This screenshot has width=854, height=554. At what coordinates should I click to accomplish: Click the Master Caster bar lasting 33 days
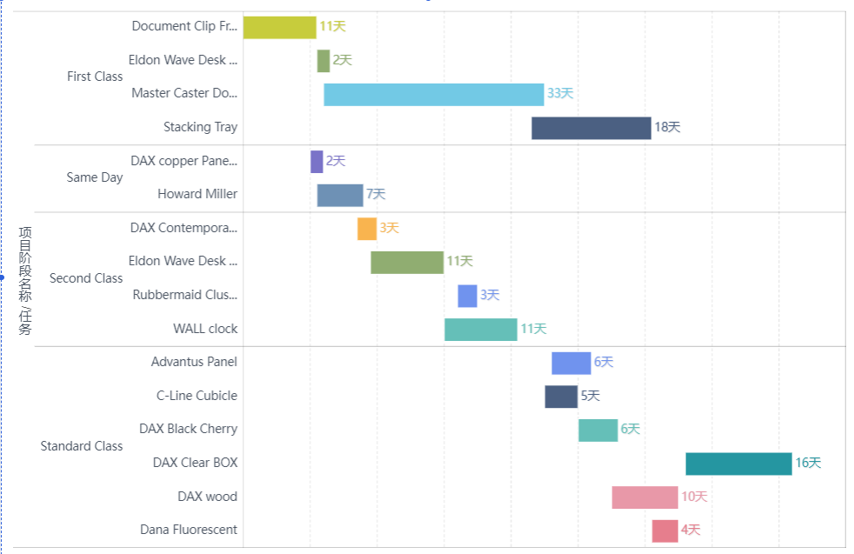tap(433, 94)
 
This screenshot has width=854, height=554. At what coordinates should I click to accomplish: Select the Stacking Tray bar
tap(590, 128)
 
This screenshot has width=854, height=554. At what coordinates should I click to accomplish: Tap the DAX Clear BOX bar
tap(738, 464)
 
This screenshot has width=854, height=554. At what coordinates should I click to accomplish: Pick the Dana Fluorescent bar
tap(664, 531)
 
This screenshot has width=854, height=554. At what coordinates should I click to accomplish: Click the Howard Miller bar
tap(340, 195)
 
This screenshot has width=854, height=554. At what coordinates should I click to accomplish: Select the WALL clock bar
tap(480, 330)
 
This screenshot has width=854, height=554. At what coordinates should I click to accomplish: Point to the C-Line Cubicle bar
tap(561, 397)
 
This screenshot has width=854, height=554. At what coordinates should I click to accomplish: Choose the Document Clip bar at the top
tap(279, 27)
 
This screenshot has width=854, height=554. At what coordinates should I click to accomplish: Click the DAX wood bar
tap(644, 497)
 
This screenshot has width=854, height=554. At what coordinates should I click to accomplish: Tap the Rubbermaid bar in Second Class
tap(467, 296)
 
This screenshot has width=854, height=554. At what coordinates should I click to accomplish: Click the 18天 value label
tap(667, 128)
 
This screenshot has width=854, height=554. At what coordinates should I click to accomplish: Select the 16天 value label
tap(808, 464)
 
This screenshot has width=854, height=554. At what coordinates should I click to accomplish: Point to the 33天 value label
tap(560, 94)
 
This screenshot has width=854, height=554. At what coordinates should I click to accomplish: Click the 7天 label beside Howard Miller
tap(376, 195)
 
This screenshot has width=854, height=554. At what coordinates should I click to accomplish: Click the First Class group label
tap(95, 77)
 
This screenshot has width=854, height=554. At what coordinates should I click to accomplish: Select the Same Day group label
tap(95, 177)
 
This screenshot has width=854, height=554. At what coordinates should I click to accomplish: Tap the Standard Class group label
tap(82, 446)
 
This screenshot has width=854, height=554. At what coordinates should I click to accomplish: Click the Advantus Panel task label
tap(194, 362)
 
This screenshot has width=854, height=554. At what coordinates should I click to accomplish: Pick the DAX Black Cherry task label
tap(188, 429)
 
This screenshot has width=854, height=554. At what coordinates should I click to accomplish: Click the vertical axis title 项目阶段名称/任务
tap(25, 280)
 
